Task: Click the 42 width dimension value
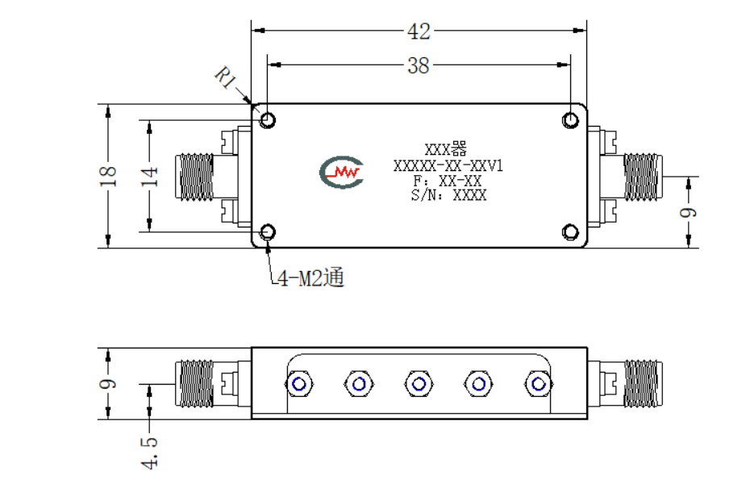[x=419, y=31]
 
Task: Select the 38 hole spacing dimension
[x=419, y=65]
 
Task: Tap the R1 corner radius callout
[x=226, y=77]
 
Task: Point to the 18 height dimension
[x=108, y=176]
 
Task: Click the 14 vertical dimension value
[x=149, y=176]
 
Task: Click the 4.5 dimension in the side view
[x=149, y=452]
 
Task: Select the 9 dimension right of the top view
[x=688, y=212]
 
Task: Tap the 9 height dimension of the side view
[x=108, y=384]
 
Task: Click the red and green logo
[x=341, y=172]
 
